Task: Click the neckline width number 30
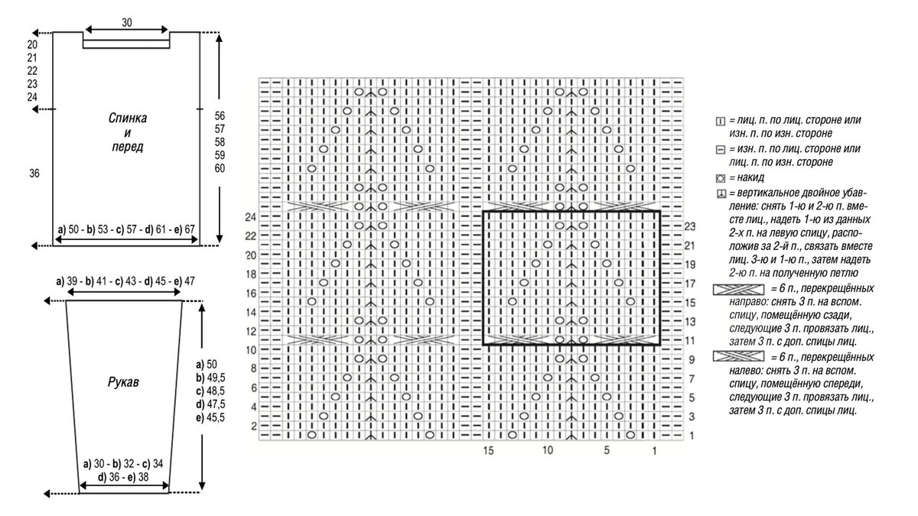(126, 23)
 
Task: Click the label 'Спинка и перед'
(127, 133)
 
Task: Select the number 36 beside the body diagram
(34, 174)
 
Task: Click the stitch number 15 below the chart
(488, 451)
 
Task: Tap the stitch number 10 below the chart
(547, 451)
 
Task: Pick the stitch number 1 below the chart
(654, 451)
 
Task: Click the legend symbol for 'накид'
(720, 178)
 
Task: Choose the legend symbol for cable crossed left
(738, 356)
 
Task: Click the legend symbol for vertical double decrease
(720, 193)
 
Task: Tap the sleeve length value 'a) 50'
(207, 365)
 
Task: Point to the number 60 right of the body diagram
(220, 169)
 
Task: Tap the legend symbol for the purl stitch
(720, 150)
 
